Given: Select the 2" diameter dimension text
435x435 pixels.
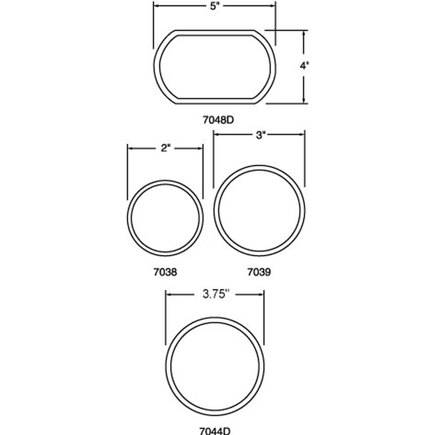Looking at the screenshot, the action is click(165, 148).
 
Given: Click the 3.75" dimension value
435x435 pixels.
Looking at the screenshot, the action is click(215, 294).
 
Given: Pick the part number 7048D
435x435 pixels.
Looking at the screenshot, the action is click(218, 120).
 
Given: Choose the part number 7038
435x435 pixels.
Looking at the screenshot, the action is click(165, 272).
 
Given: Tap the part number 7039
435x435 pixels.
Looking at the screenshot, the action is click(259, 272).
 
